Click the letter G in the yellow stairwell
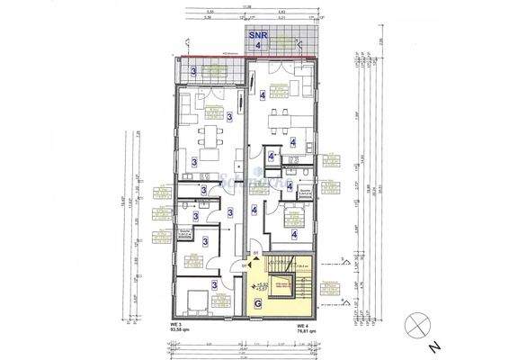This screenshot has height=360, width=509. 260,305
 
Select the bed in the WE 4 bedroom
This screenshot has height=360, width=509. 293,215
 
